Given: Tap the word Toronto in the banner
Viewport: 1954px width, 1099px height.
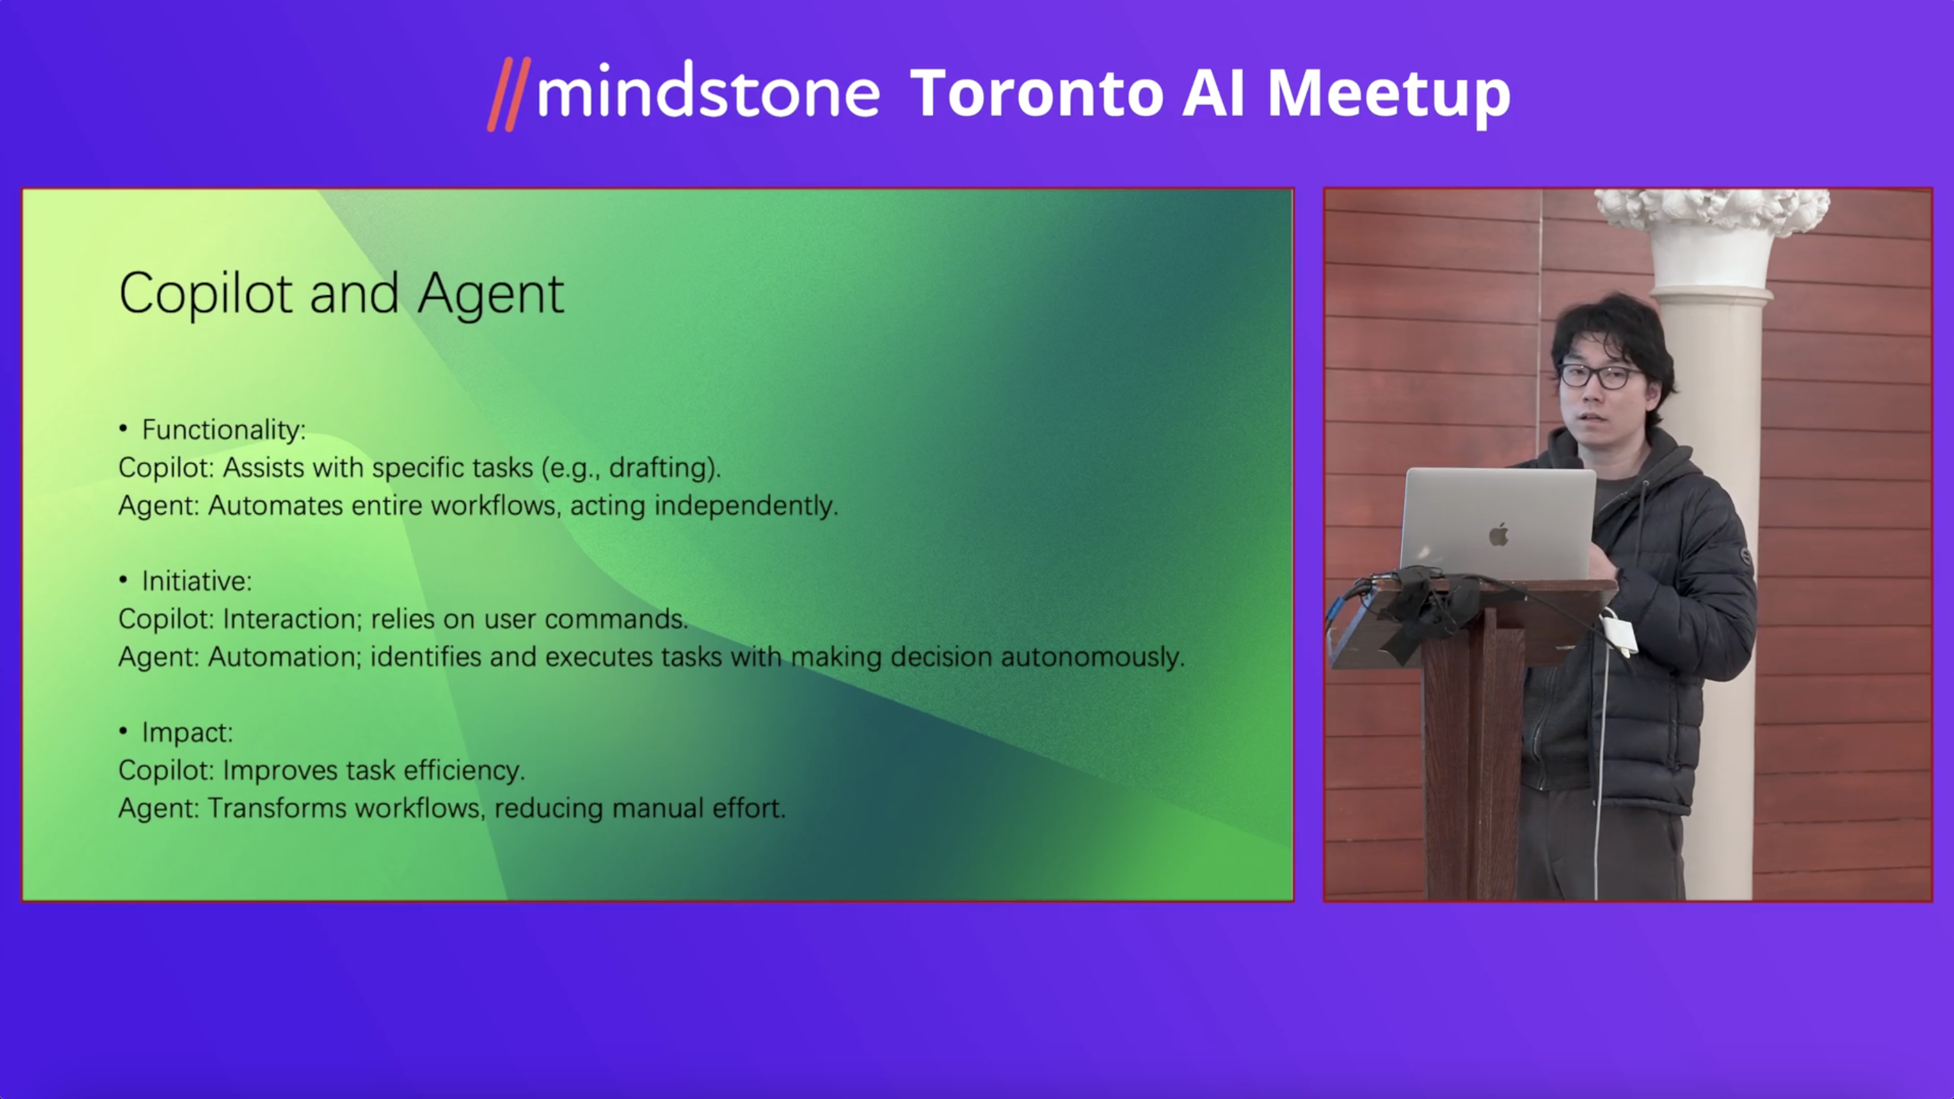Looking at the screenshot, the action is tap(1036, 93).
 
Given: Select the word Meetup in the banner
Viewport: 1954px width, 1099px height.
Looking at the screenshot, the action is tap(1388, 96).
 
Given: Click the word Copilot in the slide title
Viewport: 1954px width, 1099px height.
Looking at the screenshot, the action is tap(206, 295).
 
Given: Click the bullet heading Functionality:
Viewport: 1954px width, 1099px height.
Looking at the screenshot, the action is tap(224, 430).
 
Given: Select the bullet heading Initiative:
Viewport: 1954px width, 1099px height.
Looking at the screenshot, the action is tap(197, 581).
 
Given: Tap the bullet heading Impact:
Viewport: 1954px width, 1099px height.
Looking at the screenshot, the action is tap(187, 732).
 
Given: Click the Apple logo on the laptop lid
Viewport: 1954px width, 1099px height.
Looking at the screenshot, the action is tap(1498, 534).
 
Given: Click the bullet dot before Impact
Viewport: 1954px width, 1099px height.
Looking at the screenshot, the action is tap(123, 731).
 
